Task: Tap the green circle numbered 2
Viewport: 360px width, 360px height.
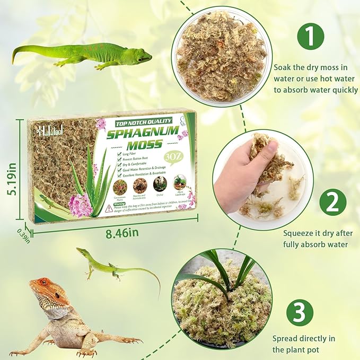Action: [332, 201]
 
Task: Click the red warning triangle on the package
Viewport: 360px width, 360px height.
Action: [109, 208]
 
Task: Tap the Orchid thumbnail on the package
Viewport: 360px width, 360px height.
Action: [160, 183]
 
